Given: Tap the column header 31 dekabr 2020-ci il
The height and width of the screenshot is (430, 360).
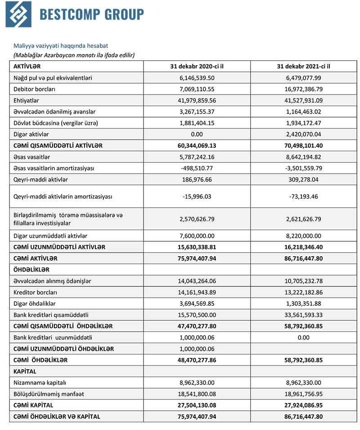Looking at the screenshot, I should [x=197, y=66].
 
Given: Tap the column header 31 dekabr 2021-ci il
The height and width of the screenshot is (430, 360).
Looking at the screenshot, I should [x=303, y=66].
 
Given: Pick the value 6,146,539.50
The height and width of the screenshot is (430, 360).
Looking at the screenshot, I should [x=197, y=77].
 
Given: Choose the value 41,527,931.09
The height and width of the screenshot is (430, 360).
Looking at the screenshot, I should [x=303, y=100].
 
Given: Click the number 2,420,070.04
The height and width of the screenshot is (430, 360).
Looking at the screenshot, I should [x=303, y=134].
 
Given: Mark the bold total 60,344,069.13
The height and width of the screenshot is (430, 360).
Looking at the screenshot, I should [x=197, y=145].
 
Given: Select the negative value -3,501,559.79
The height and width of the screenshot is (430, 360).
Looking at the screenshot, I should [x=303, y=168].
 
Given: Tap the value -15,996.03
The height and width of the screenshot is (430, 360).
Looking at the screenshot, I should [x=197, y=196].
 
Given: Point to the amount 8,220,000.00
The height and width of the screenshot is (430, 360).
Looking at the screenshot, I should [x=303, y=235].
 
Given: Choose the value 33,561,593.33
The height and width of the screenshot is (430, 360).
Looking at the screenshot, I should [x=303, y=315].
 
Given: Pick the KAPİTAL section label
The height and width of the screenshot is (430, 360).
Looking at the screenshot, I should [x=25, y=371].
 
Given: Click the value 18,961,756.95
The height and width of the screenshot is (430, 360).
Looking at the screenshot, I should [x=303, y=394].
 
